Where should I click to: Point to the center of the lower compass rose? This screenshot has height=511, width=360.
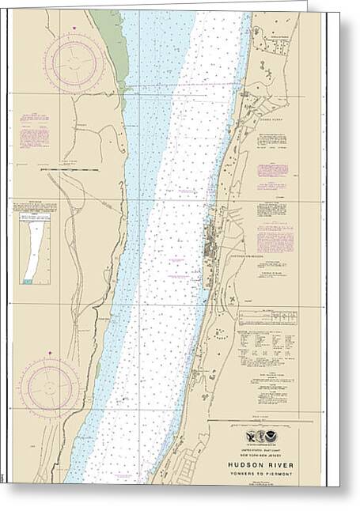[49, 388]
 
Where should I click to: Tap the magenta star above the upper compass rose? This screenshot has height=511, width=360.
[73, 29]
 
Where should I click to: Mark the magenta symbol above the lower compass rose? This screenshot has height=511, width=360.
[49, 353]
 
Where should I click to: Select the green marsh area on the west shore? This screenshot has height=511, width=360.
[109, 47]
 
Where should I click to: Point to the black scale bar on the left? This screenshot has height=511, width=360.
[71, 170]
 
